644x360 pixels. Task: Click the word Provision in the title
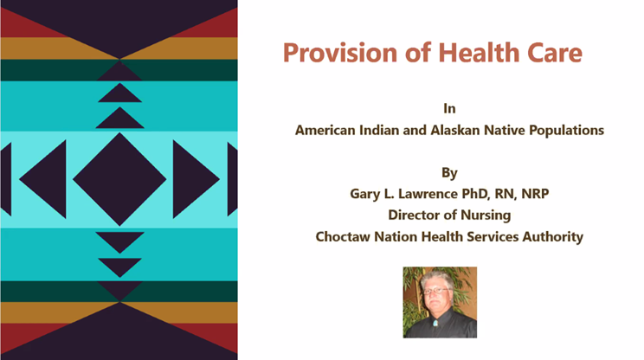(x=340, y=53)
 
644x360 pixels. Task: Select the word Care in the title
(x=555, y=54)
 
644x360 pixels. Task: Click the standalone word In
(x=449, y=108)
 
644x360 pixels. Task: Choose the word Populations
(x=566, y=131)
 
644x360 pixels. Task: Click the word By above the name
(x=449, y=173)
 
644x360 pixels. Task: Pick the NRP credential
(x=535, y=194)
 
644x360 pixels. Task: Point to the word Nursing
(x=486, y=215)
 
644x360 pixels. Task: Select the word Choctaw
(x=343, y=237)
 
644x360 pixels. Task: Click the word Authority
(x=553, y=237)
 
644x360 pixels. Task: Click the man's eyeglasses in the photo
(x=436, y=291)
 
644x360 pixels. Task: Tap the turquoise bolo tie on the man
(x=435, y=324)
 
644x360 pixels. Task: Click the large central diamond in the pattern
(x=119, y=179)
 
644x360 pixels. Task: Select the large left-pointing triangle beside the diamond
(x=42, y=179)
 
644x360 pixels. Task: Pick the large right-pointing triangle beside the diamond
(x=196, y=179)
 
